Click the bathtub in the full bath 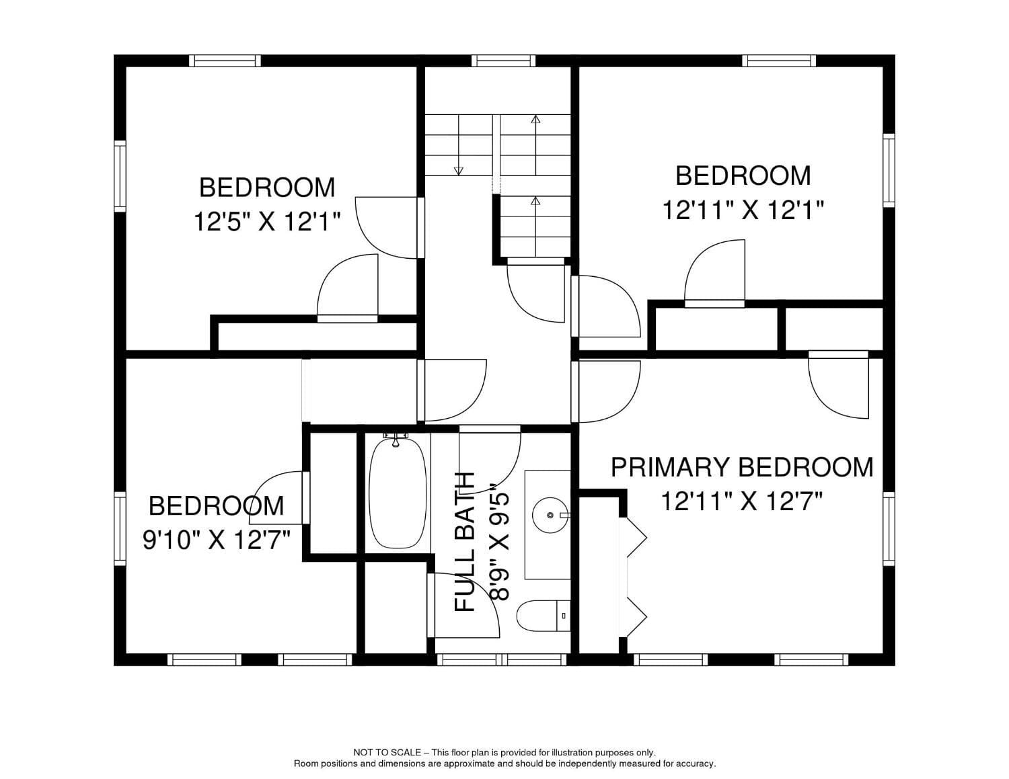tap(398, 493)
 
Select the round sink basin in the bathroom tap(550, 516)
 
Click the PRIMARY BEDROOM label tap(742, 467)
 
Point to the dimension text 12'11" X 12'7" tap(742, 501)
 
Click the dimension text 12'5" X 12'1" tap(267, 221)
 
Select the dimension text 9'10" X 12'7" tap(216, 539)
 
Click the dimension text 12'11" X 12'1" tap(743, 210)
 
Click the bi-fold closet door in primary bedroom tap(635, 576)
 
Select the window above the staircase tap(504, 60)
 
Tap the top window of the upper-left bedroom tap(225, 60)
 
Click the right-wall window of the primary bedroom tap(889, 528)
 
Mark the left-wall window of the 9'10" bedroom tap(120, 528)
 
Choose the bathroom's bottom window tap(502, 660)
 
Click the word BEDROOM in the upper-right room tap(743, 176)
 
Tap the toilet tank tap(564, 615)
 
